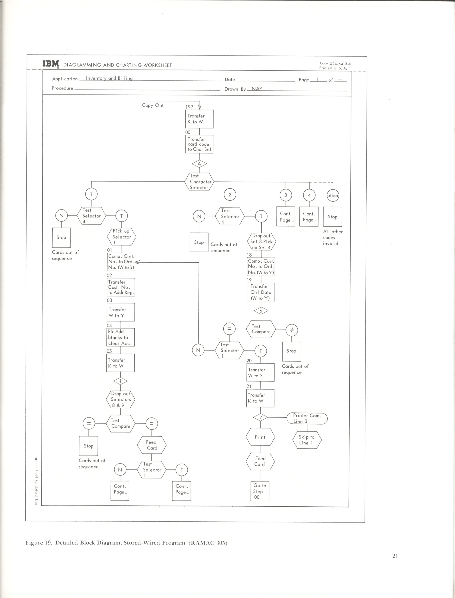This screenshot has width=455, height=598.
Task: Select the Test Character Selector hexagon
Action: [x=199, y=182]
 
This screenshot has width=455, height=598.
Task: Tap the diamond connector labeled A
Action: [x=199, y=164]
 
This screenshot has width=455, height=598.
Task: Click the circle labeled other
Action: [x=333, y=195]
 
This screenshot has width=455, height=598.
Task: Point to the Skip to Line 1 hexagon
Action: [x=307, y=440]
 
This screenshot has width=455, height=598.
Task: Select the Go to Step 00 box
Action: [x=260, y=491]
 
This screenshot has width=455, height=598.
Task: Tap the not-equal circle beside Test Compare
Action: [x=292, y=330]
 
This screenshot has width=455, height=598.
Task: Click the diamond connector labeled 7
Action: [x=261, y=417]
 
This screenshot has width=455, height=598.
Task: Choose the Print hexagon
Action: [x=260, y=437]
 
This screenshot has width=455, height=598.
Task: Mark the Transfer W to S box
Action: [x=261, y=373]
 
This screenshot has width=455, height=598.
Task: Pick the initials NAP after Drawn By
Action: [x=257, y=89]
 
